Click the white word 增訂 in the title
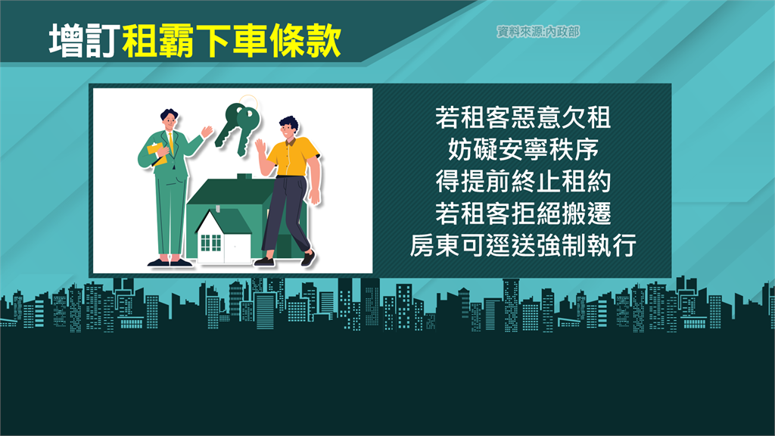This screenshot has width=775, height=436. pyautogui.click(x=85, y=41)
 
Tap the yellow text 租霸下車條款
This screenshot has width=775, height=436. pyautogui.click(x=232, y=41)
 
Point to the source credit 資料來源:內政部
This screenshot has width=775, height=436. pyautogui.click(x=538, y=32)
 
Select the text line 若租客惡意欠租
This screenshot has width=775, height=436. pyautogui.click(x=523, y=117)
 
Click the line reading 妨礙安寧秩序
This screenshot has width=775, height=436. pyautogui.click(x=523, y=149)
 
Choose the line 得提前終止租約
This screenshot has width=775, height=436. pyautogui.click(x=523, y=182)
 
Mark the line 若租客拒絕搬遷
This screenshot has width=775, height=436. pyautogui.click(x=523, y=213)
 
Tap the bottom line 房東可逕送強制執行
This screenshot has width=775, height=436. pyautogui.click(x=523, y=245)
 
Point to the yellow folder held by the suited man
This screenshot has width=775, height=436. pyautogui.click(x=157, y=153)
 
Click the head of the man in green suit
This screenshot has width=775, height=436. pyautogui.click(x=169, y=119)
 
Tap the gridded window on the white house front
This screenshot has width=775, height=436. pyautogui.click(x=210, y=243)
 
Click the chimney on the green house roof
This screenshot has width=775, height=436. pyautogui.click(x=244, y=176)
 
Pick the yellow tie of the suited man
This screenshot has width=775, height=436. pyautogui.click(x=171, y=142)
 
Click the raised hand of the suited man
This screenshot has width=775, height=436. pyautogui.click(x=207, y=132)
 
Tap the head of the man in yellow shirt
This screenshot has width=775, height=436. pyautogui.click(x=288, y=129)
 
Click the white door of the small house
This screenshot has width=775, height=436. pyautogui.click(x=237, y=248)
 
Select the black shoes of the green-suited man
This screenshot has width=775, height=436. pyautogui.click(x=170, y=263)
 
